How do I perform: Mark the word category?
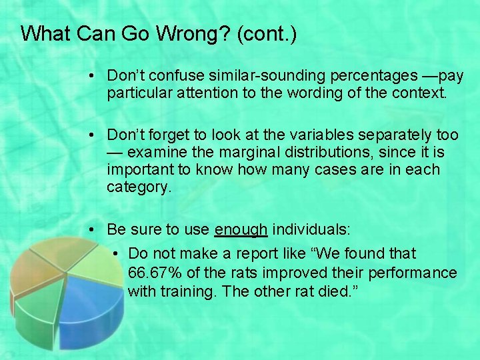pyautogui.click(x=139, y=187)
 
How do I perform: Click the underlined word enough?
pyautogui.click(x=241, y=230)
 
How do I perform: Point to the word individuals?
pyautogui.click(x=311, y=230)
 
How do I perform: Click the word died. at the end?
pyautogui.click(x=341, y=291)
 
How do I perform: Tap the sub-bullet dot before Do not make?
pyautogui.click(x=117, y=254)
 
